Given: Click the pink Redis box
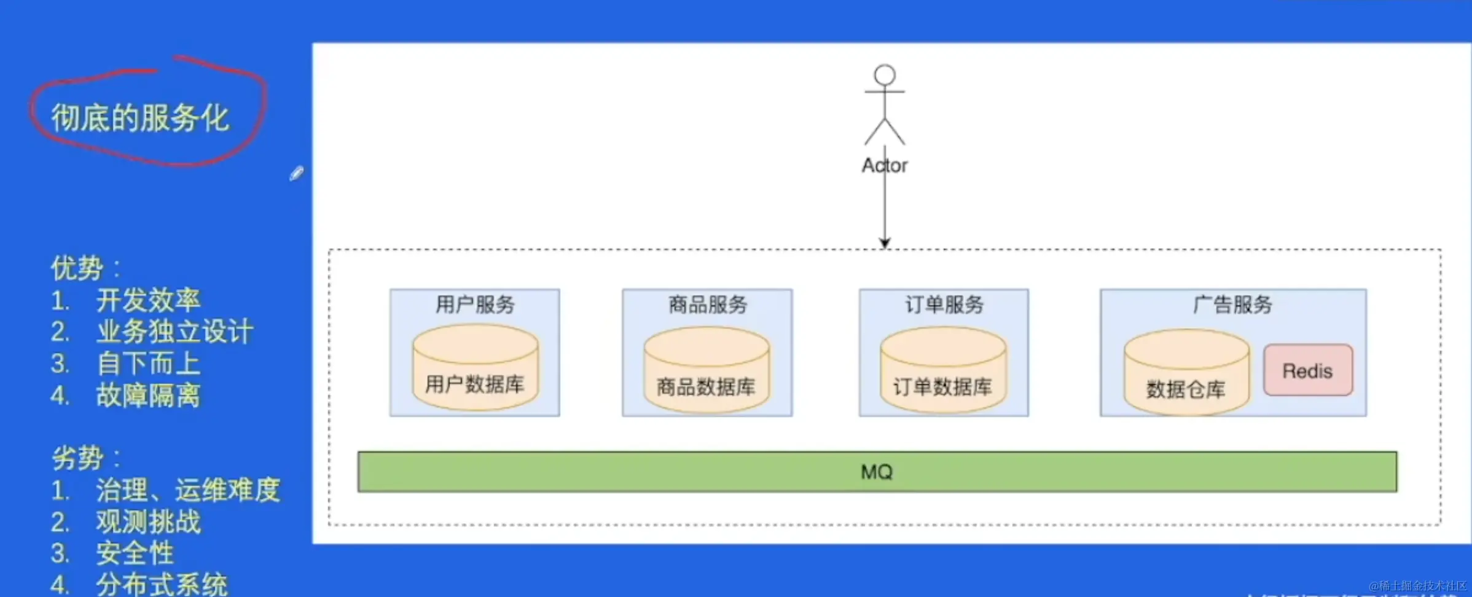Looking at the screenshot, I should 1307,370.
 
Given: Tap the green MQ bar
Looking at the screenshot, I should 877,472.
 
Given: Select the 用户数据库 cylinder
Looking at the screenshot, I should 475,369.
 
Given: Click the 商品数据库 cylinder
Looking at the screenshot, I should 707,370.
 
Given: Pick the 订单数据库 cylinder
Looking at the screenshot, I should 942,370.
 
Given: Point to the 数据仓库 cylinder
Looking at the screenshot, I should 1186,373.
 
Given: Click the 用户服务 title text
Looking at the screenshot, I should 475,304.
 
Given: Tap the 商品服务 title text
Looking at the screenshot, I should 708,304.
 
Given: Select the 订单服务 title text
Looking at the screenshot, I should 944,304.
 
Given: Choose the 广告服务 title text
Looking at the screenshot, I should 1232,304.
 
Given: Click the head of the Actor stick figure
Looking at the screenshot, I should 885,75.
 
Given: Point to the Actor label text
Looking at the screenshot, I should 885,165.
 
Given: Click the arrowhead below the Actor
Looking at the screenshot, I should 885,243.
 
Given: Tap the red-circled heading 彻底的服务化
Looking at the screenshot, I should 140,117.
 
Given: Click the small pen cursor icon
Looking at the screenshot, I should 296,174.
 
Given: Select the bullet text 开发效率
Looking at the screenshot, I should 148,300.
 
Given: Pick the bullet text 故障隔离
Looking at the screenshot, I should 148,395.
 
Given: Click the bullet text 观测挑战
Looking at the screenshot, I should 148,521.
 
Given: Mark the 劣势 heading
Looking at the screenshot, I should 77,458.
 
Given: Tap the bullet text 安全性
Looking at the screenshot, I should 135,553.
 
